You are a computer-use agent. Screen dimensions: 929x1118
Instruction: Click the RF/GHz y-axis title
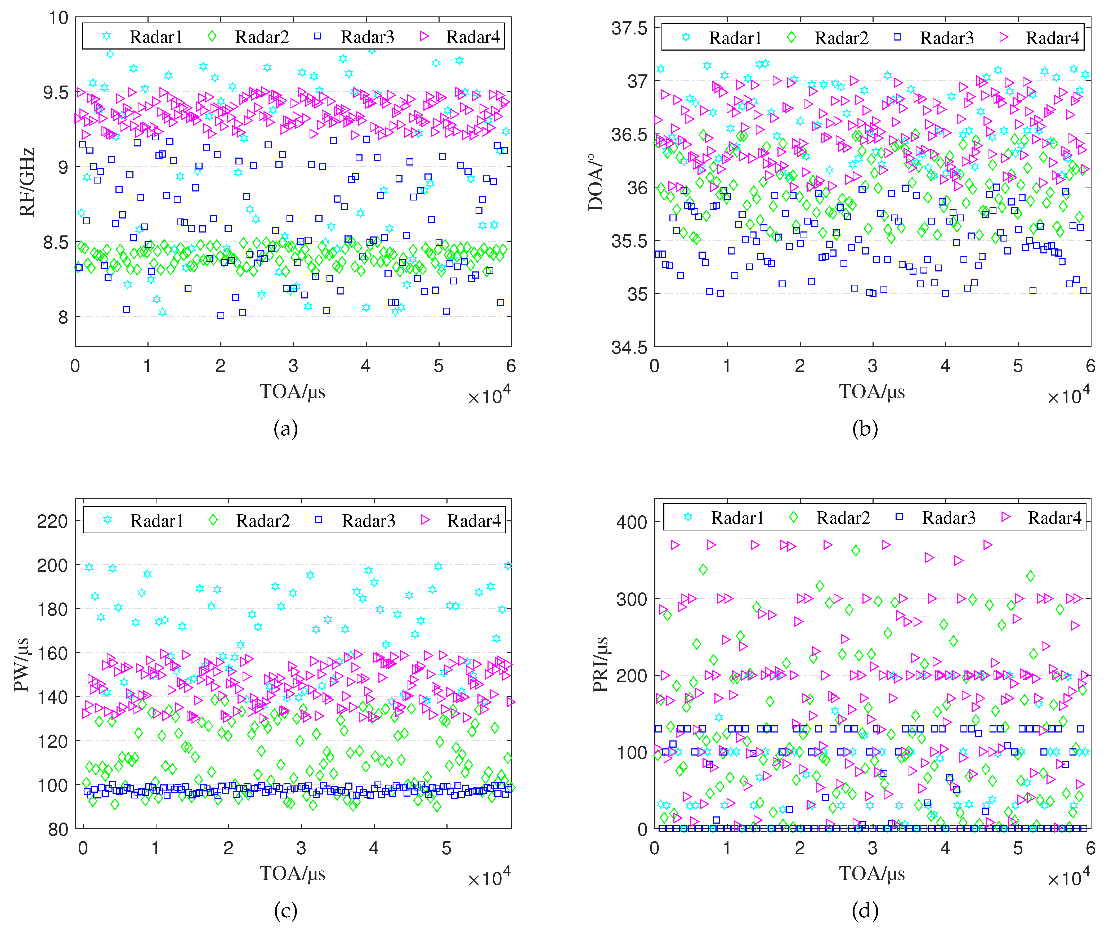pyautogui.click(x=27, y=182)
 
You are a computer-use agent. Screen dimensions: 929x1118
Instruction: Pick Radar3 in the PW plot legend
pyautogui.click(x=368, y=521)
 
